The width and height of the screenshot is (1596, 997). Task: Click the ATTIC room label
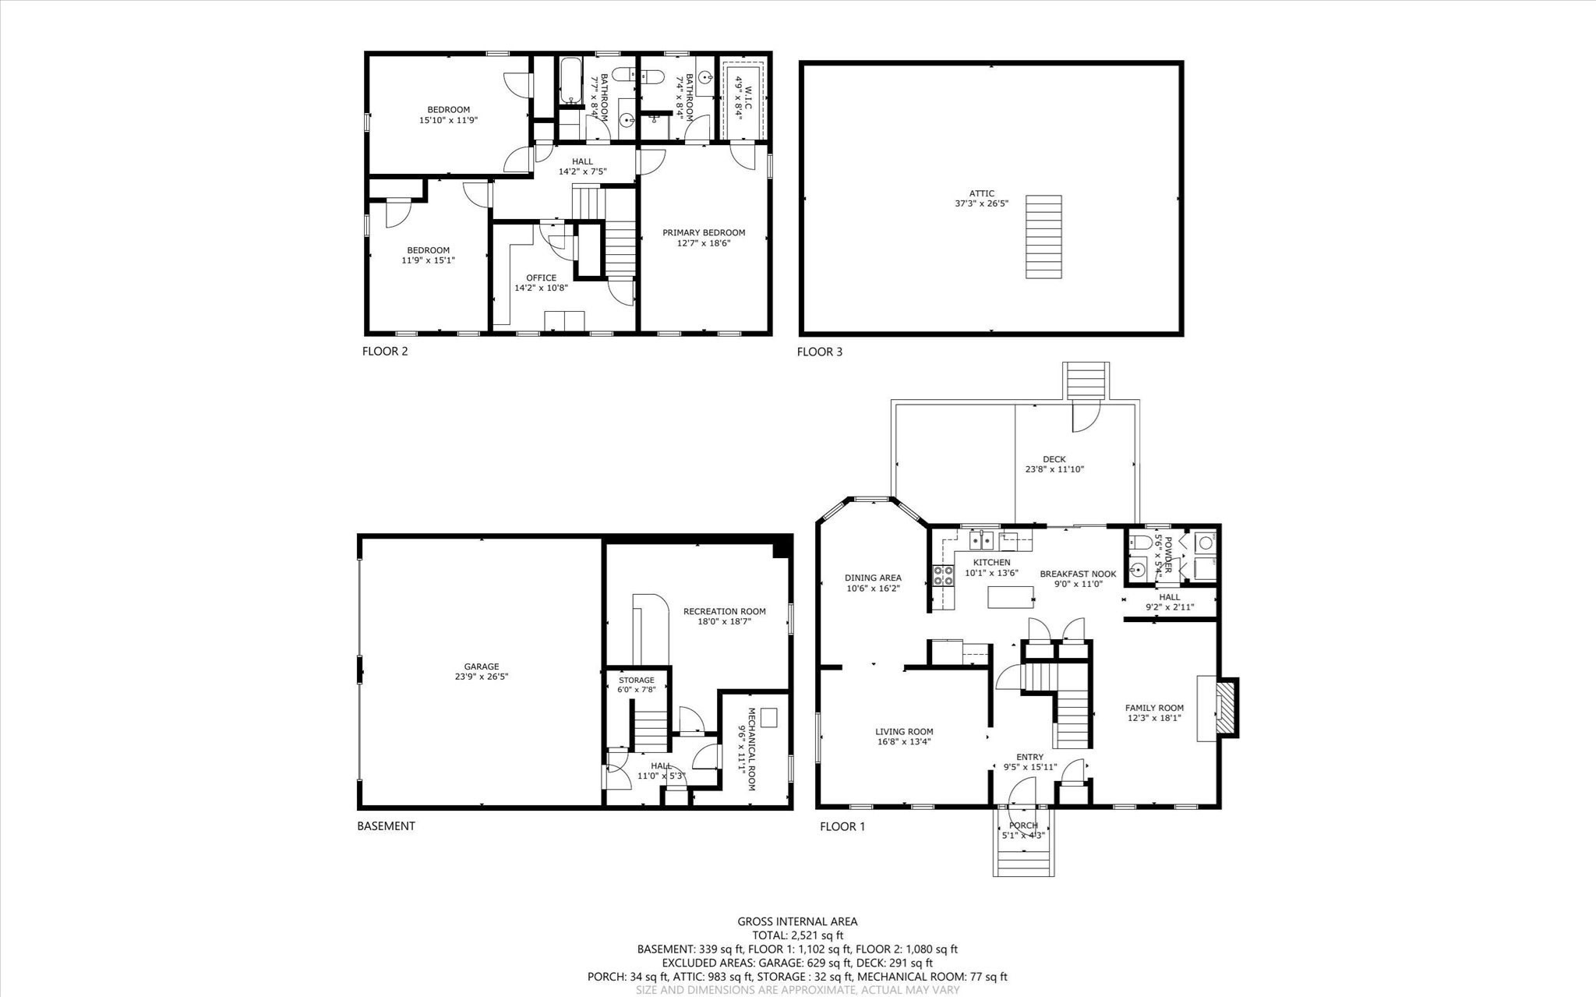point(982,199)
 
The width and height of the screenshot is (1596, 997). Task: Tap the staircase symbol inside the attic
point(1043,236)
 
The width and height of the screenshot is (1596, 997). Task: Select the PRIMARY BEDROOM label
point(704,238)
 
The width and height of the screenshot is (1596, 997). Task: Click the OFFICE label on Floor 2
point(541,282)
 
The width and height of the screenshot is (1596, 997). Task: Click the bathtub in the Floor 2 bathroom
point(571,81)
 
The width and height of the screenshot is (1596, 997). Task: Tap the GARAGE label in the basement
point(482,671)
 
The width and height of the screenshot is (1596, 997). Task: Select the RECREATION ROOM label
point(724,617)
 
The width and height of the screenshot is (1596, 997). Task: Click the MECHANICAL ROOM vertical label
point(746,749)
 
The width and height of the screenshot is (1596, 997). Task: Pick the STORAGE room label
point(637,684)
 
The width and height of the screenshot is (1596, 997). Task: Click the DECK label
point(1054,464)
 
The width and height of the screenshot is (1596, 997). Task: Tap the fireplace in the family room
point(1227,708)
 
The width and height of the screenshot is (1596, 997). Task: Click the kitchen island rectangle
point(1011,596)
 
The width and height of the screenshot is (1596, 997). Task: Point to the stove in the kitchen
point(944,575)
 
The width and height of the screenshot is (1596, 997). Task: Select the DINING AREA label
point(873,583)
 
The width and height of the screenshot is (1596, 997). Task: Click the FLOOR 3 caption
point(819,352)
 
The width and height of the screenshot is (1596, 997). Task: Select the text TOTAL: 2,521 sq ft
point(797,935)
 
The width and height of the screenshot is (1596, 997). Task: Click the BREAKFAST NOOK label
point(1078,578)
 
